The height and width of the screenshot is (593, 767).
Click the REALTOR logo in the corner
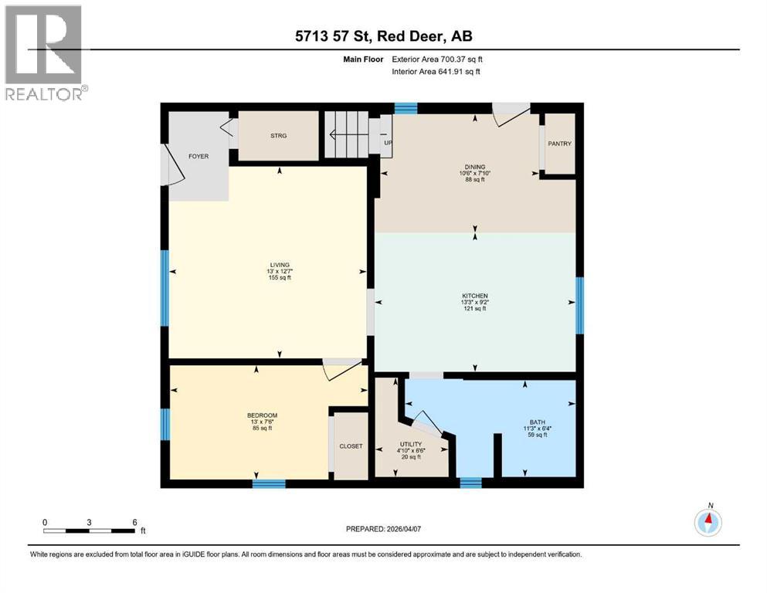[x=44, y=52]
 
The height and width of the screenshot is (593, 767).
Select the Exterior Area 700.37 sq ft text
[x=440, y=59]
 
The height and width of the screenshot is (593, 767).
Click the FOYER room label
[x=199, y=157]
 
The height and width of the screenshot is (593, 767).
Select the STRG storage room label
[x=278, y=136]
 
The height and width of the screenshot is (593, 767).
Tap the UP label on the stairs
[x=388, y=144]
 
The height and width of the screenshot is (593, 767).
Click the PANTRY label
[x=559, y=144]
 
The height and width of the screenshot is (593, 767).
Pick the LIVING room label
[x=268, y=265]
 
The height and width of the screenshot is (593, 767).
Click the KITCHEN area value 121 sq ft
[x=474, y=309]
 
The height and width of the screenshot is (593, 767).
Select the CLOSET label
[x=351, y=446]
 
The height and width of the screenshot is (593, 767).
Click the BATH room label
[x=537, y=422]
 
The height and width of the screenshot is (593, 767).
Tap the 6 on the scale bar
[x=134, y=522]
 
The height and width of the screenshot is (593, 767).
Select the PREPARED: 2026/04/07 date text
[x=383, y=529]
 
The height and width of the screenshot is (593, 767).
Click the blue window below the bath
[x=470, y=483]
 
